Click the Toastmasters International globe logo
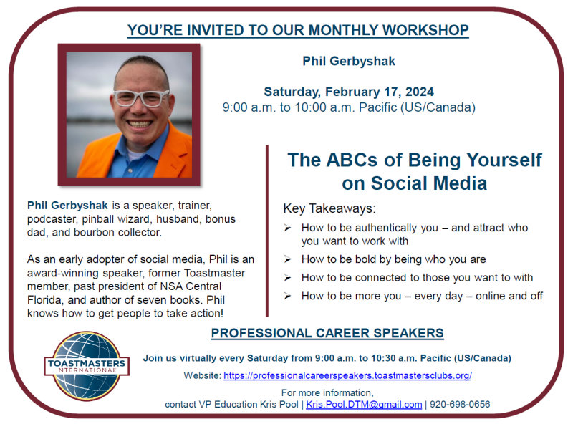tap(87, 366)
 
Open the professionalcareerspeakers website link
tap(347, 375)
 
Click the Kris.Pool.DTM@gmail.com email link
tap(364, 404)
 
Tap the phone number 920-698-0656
tap(460, 404)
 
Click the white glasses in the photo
tap(141, 98)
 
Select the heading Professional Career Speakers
tap(327, 333)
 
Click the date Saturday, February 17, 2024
tap(349, 92)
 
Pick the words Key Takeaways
tap(329, 208)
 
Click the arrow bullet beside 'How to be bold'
tap(288, 259)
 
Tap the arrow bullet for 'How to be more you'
tap(288, 296)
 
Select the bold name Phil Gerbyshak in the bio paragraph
tap(67, 206)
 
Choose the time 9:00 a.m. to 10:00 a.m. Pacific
tap(349, 107)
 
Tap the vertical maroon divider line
tap(267, 231)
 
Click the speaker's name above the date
tap(349, 61)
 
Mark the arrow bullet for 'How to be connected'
tap(288, 277)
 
